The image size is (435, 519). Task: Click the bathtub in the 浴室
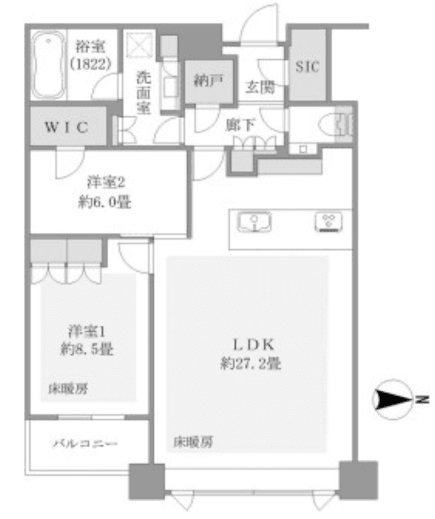pyautogui.click(x=48, y=65)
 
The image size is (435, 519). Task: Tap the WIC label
pyautogui.click(x=67, y=127)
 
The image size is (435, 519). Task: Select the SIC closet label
pyautogui.click(x=307, y=67)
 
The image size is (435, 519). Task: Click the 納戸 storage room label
pyautogui.click(x=209, y=80)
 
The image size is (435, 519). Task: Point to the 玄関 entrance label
pyautogui.click(x=260, y=87)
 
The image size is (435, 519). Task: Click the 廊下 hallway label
pyautogui.click(x=240, y=125)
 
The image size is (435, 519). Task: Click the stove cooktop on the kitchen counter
pyautogui.click(x=328, y=221)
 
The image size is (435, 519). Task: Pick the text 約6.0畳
pyautogui.click(x=105, y=202)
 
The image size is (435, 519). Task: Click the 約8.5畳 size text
pyautogui.click(x=87, y=349)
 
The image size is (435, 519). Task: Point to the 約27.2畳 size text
pyautogui.click(x=251, y=363)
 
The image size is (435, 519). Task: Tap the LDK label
pyautogui.click(x=254, y=344)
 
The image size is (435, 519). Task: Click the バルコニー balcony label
pyautogui.click(x=85, y=443)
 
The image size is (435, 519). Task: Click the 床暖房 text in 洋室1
pyautogui.click(x=68, y=389)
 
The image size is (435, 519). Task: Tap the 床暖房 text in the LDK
pyautogui.click(x=193, y=442)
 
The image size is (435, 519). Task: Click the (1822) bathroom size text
pyautogui.click(x=90, y=63)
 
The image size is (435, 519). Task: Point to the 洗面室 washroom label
pyautogui.click(x=143, y=92)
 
